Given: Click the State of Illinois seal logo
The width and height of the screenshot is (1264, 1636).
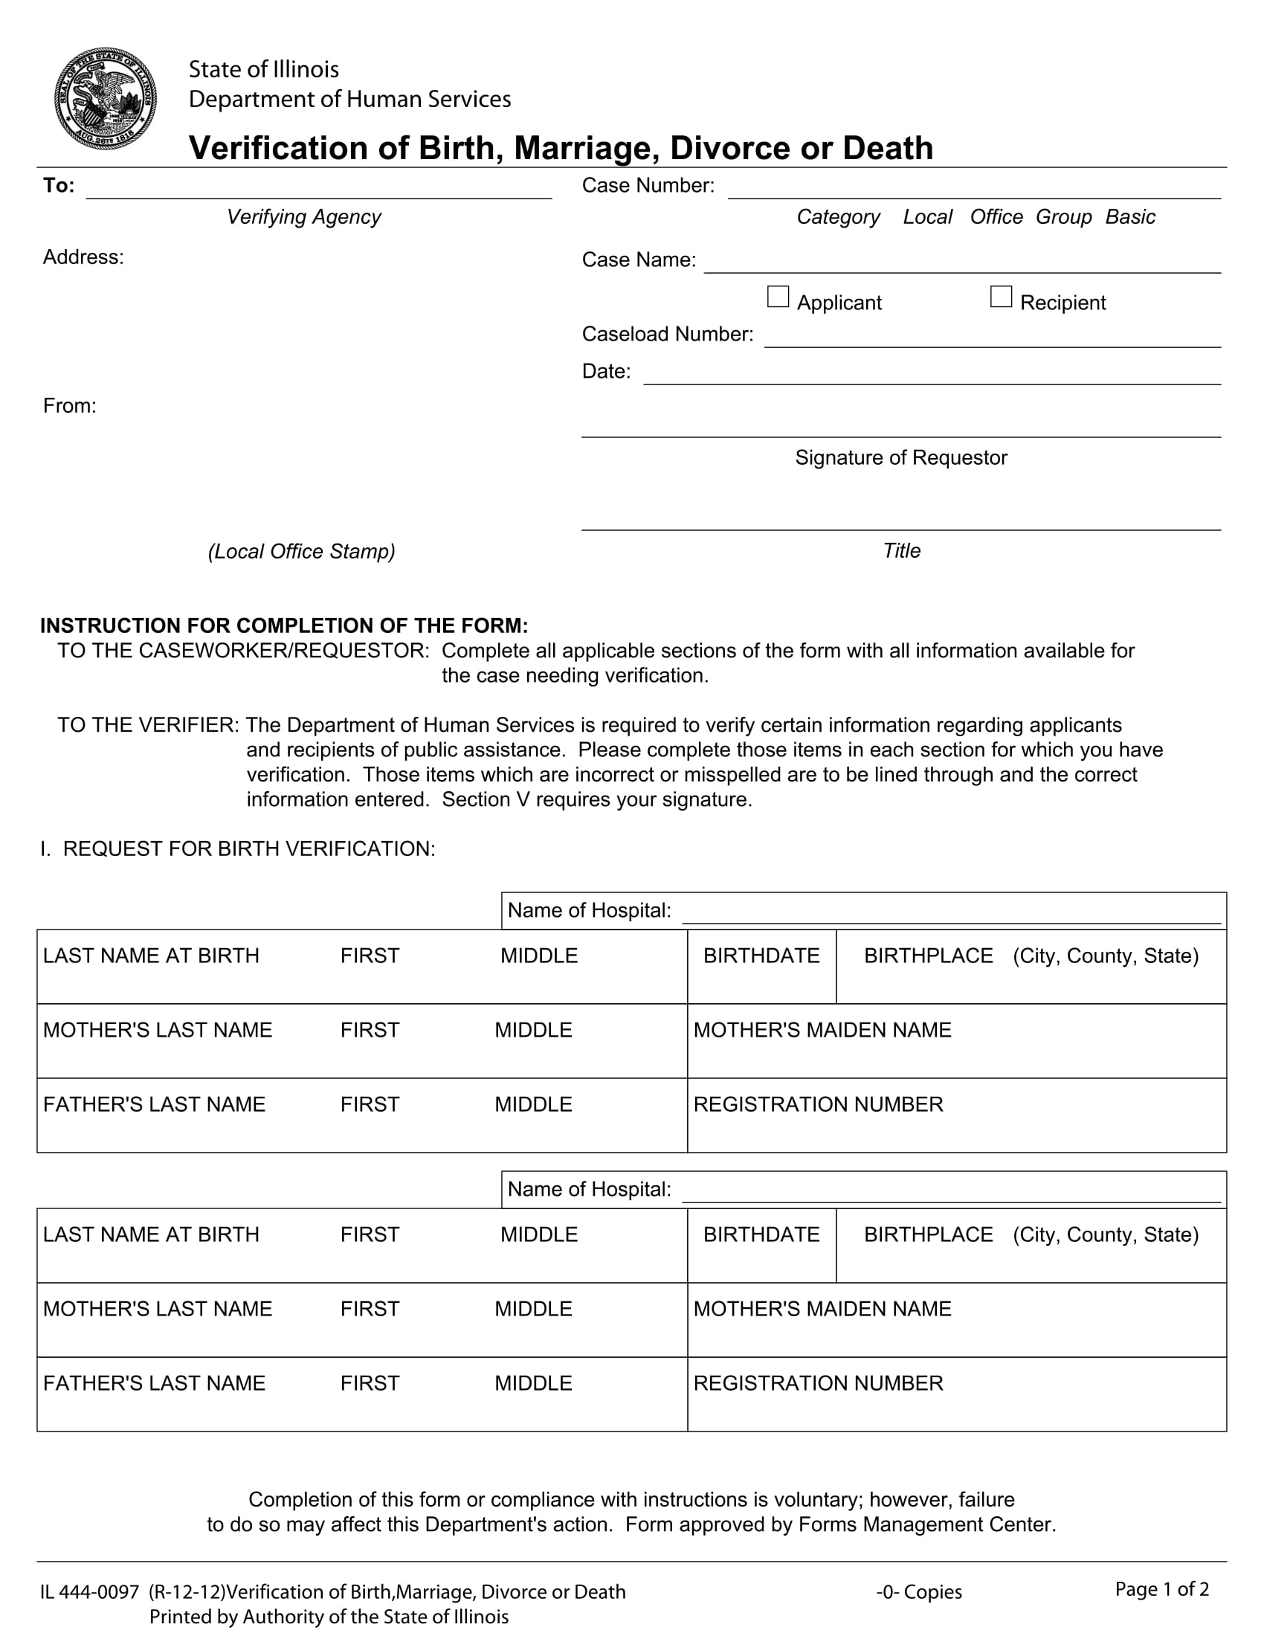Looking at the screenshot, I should [106, 98].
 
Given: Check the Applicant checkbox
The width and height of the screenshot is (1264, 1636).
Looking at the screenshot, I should [778, 297].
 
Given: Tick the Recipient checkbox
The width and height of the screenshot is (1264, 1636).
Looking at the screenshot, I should [1000, 297].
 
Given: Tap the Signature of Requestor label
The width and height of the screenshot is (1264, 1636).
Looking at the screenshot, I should [901, 457].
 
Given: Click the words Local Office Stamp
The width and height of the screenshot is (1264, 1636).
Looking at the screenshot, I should [302, 551].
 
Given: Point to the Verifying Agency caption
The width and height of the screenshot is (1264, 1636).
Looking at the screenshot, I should [303, 217].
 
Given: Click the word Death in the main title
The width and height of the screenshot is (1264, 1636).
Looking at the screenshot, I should [887, 147].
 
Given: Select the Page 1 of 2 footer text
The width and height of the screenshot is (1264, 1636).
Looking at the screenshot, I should [1161, 1589].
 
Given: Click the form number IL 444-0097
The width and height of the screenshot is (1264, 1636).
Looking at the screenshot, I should [90, 1592].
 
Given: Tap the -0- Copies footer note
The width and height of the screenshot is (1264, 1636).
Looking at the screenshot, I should [919, 1592].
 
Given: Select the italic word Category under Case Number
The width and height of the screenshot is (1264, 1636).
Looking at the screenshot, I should [838, 217].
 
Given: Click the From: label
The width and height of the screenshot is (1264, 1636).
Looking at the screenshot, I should [70, 406].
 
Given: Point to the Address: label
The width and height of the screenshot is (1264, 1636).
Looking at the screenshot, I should [83, 258].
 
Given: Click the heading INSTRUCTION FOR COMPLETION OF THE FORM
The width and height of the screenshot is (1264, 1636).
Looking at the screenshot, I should [284, 625].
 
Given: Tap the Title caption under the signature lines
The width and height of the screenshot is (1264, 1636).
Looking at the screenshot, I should [902, 551].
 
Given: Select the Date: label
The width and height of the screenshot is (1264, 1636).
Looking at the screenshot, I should [606, 372].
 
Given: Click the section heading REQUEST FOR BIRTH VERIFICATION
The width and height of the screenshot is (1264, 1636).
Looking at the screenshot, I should [248, 848].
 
